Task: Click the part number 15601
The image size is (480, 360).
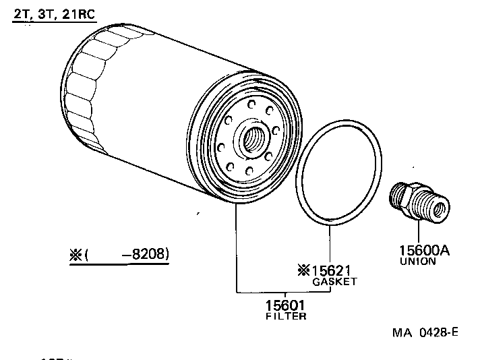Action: (287, 305)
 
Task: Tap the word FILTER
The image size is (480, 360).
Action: (287, 316)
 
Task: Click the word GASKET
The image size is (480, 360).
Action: (334, 282)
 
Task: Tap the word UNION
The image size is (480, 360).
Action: (418, 262)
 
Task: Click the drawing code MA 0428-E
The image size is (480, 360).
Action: (425, 332)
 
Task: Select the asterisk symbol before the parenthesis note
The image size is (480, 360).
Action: (75, 255)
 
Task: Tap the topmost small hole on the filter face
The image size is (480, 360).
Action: (250, 104)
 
